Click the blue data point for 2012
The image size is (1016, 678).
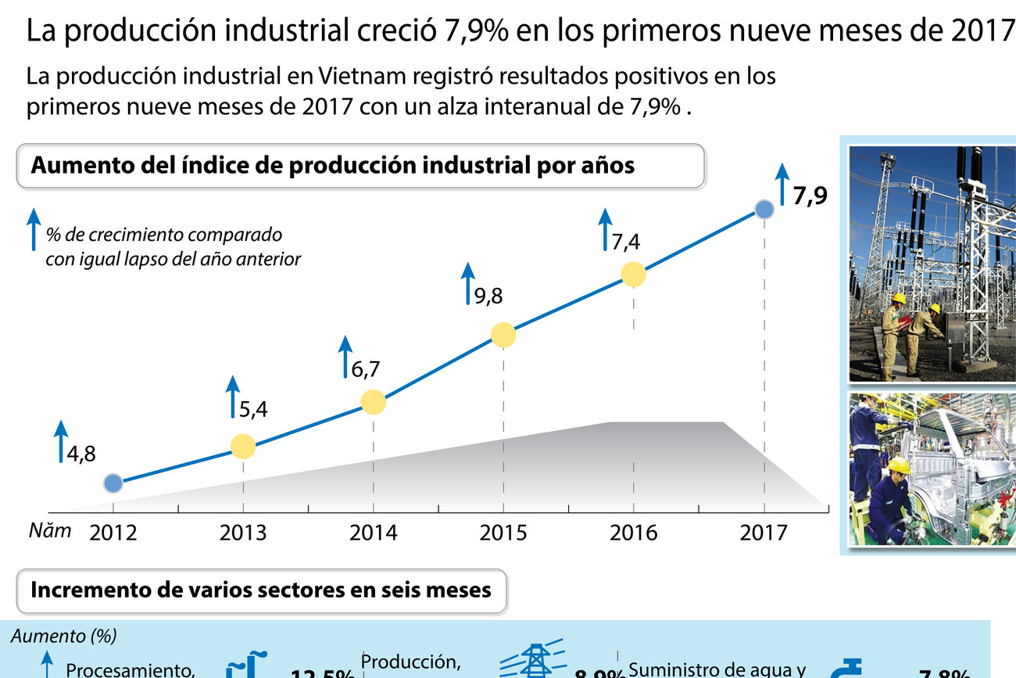[113, 483]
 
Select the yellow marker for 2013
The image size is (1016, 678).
[243, 447]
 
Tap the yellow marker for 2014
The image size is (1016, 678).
[374, 402]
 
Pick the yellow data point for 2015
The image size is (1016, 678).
[503, 335]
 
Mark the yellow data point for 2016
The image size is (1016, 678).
[633, 274]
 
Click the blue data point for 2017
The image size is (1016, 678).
[764, 209]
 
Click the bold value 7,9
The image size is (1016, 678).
[810, 196]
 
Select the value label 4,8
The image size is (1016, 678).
[80, 454]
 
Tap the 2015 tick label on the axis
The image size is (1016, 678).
[503, 533]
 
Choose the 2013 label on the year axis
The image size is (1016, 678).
[243, 533]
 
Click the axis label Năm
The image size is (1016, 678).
[50, 531]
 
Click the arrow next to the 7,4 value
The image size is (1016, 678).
[604, 230]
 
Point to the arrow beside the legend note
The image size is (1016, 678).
[33, 228]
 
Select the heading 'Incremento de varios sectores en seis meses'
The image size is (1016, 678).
[261, 589]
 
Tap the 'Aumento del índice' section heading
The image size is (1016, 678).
[331, 166]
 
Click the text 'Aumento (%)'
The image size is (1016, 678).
[64, 637]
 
